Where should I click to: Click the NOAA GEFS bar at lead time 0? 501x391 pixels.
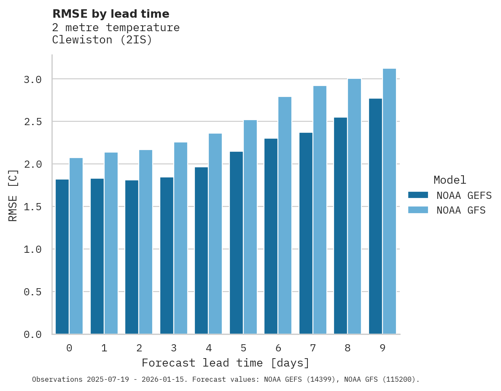(62, 257)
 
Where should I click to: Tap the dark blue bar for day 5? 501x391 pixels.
(236, 243)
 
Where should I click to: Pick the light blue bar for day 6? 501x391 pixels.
(285, 215)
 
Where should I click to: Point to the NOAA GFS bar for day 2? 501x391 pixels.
(145, 242)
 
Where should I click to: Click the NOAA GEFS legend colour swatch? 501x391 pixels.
(418, 195)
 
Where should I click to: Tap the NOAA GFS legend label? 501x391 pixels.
(461, 210)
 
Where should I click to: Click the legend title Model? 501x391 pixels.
(450, 180)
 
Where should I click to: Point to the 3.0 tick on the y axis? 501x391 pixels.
(32, 79)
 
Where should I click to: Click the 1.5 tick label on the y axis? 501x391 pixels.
(32, 207)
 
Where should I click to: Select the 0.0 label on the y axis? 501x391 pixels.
(32, 335)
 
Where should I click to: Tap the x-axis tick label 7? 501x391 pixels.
(312, 348)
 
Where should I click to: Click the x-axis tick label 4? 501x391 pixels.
(208, 348)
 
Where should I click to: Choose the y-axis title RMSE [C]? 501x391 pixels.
(13, 195)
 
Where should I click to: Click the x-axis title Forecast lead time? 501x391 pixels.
(226, 363)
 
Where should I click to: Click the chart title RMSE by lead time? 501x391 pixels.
(110, 14)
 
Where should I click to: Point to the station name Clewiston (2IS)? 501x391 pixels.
(102, 40)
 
